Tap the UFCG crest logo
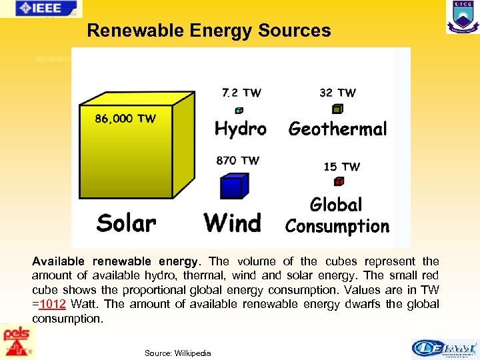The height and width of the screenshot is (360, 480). point(462,17)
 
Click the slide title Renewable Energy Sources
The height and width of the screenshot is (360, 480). point(209,31)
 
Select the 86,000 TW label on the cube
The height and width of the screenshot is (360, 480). point(125,119)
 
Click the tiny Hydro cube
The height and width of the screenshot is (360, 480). point(239,110)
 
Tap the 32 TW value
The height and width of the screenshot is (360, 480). point(337,93)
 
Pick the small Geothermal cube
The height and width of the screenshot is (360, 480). point(337,109)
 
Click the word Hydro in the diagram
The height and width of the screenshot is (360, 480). point(240,129)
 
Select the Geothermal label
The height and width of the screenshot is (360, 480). point(337,129)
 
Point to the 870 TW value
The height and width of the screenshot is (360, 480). point(238,161)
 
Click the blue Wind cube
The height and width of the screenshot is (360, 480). point(234,187)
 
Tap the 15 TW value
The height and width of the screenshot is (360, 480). point(341,167)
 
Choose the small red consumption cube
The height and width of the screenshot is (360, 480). point(339,181)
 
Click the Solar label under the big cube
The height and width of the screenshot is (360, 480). point(126,223)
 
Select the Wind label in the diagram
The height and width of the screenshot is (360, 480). point(233,223)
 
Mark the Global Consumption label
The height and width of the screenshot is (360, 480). point(337,215)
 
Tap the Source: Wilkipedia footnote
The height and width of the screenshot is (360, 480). point(177,353)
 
